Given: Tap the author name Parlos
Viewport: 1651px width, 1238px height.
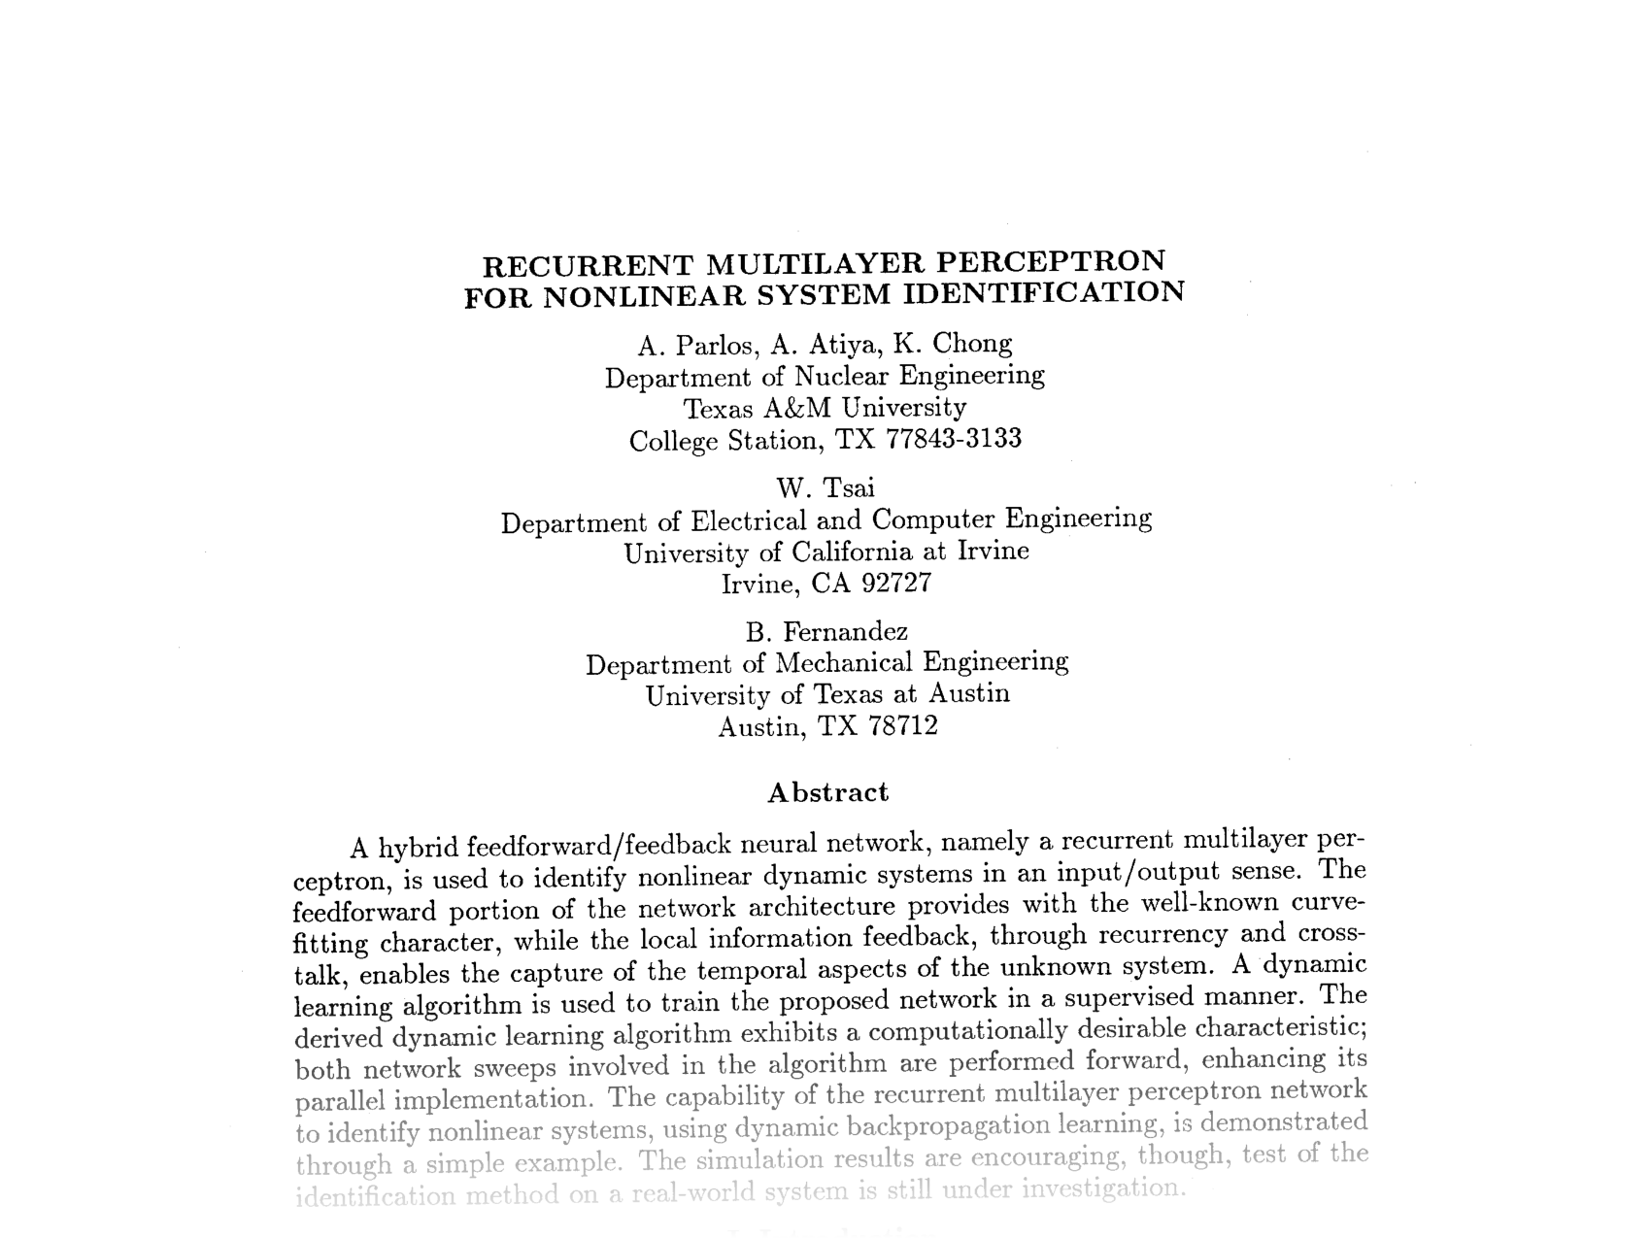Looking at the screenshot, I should [713, 345].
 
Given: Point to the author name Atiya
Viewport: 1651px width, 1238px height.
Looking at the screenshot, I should [841, 344].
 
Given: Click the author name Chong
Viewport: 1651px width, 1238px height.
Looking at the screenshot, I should [972, 343].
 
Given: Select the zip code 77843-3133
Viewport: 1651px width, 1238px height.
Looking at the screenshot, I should [954, 439].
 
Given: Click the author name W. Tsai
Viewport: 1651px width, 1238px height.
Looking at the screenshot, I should [825, 486].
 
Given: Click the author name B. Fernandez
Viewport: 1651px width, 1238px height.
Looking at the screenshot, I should [826, 632].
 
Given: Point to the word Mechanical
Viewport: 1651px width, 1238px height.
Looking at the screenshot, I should [844, 663].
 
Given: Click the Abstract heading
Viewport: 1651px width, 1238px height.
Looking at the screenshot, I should [827, 792].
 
